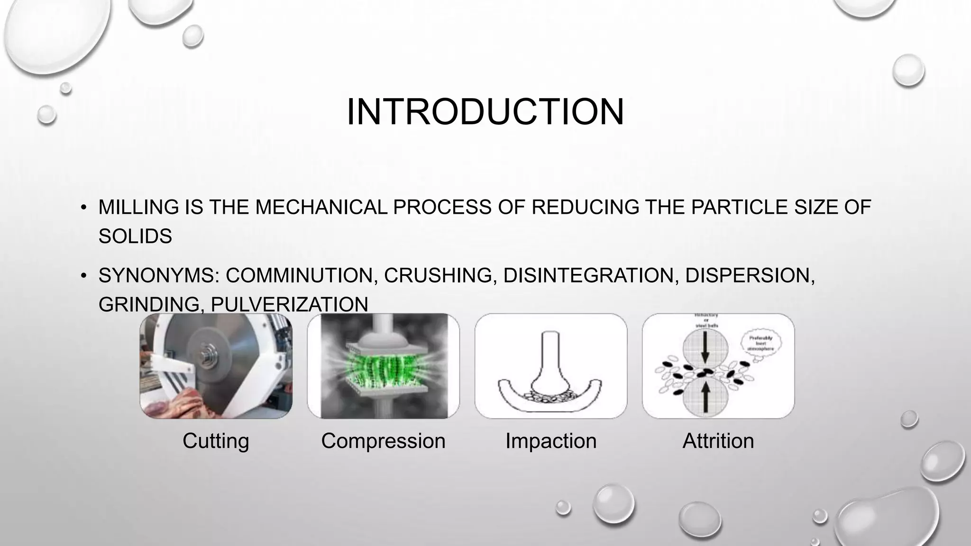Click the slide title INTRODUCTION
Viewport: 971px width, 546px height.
[485, 112]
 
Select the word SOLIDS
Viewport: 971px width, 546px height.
[135, 236]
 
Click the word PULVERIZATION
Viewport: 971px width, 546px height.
[289, 304]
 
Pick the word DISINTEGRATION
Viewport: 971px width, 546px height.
[588, 275]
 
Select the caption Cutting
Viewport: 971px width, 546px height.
[216, 441]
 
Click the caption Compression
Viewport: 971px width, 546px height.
[383, 441]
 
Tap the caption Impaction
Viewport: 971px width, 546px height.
[550, 441]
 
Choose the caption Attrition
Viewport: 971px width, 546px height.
[718, 441]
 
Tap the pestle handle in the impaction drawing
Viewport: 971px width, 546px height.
[550, 351]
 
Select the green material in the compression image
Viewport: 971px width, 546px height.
[383, 365]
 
